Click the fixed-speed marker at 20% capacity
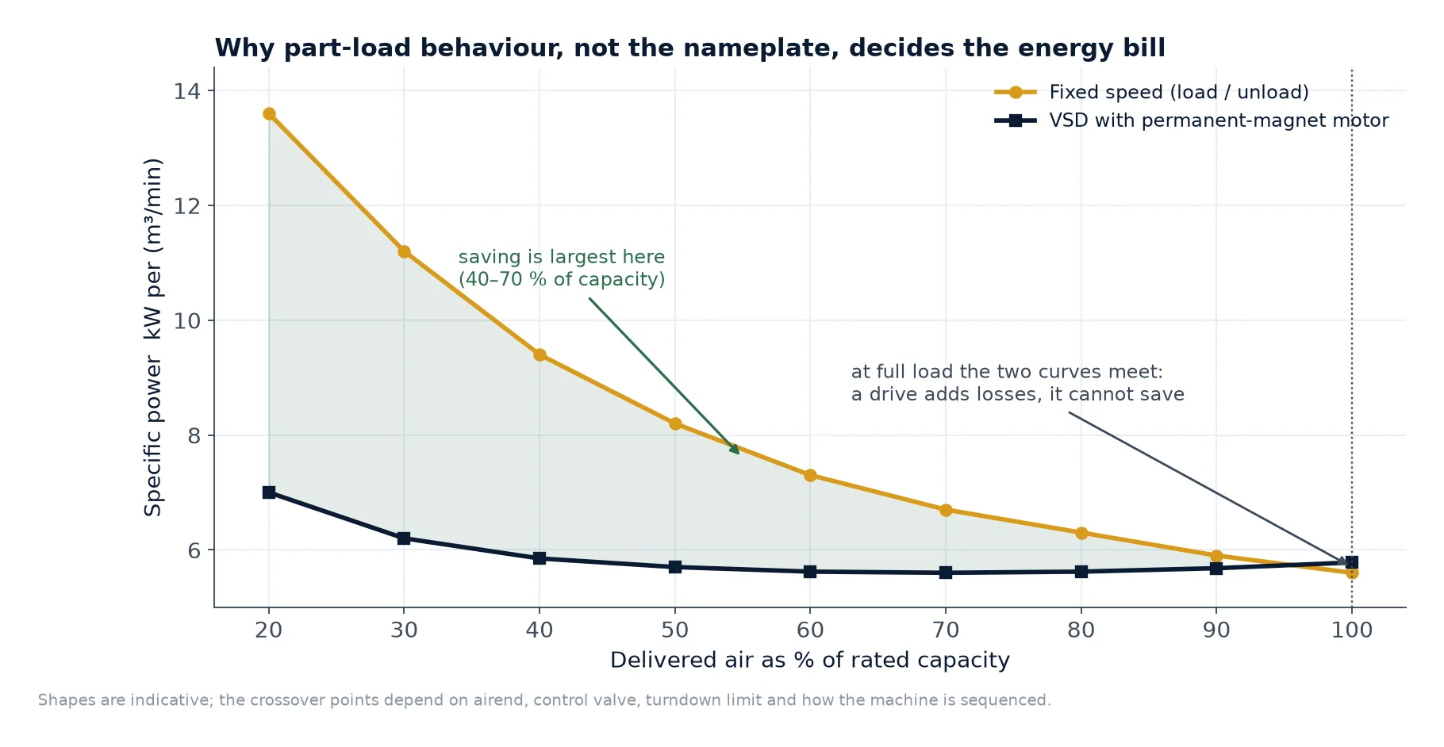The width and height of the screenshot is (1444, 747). pos(269,114)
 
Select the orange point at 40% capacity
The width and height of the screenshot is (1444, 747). pos(540,354)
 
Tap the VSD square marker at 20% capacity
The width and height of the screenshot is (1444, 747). pos(269,492)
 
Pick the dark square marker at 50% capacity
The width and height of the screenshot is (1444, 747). pos(675,567)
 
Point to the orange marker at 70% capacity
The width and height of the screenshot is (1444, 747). pos(946,510)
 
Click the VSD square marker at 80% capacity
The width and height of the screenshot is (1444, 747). pos(1081,572)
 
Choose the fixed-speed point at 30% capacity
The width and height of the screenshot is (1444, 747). pos(404,251)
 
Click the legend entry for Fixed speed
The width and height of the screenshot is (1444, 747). pos(1152,92)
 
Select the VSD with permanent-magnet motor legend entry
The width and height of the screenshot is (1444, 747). pos(1192,121)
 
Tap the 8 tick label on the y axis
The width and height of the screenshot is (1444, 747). pos(194,435)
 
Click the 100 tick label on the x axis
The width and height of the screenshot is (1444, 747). pos(1352,630)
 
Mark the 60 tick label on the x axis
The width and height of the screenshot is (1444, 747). pos(810,630)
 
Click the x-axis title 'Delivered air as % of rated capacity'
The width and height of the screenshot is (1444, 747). pos(810,661)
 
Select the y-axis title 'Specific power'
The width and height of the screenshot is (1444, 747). pos(153,436)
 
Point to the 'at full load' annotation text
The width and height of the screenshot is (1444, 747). pos(1018,383)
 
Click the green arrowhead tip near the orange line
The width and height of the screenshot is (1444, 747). pos(739,454)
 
